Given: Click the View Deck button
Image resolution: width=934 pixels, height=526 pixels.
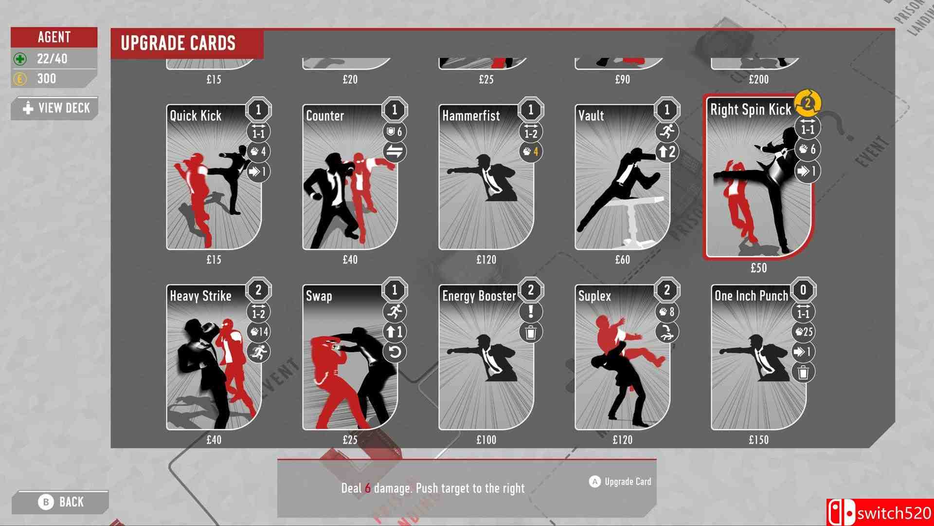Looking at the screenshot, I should coord(54,108).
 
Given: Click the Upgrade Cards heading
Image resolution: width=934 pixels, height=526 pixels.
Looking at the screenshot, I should coord(178,43).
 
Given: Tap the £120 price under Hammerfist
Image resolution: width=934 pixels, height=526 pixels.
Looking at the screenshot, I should coord(486,260).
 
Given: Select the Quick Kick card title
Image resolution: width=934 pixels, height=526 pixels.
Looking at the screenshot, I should coord(196,115).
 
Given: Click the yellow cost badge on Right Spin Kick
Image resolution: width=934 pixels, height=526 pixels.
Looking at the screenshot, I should coord(808,103).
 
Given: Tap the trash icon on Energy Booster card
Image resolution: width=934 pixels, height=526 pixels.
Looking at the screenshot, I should coord(531,332).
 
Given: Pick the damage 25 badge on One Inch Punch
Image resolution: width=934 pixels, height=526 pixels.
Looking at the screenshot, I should coord(803,332).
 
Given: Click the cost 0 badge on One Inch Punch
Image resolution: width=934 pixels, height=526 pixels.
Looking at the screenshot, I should coord(803,291).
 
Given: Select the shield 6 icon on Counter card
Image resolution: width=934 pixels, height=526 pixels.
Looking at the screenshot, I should coord(395,132).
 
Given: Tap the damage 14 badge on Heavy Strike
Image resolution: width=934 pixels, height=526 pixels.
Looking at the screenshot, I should coord(258,332).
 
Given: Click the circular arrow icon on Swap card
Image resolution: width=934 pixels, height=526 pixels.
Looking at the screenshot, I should coord(395,352).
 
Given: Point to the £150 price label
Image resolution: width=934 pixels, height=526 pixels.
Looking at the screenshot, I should coord(758,440).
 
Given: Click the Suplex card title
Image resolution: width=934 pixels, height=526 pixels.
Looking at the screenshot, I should coord(594,296).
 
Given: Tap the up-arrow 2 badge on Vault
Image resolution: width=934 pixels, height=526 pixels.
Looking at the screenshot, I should coord(667,152).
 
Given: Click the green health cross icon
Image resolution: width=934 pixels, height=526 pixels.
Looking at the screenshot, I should coord(20,59).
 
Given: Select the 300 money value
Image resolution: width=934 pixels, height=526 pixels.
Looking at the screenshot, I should coord(47,79).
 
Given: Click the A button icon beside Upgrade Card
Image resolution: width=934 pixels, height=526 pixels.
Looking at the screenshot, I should coord(594,482).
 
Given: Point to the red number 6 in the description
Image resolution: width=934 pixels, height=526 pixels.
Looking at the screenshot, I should coord(368,488).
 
